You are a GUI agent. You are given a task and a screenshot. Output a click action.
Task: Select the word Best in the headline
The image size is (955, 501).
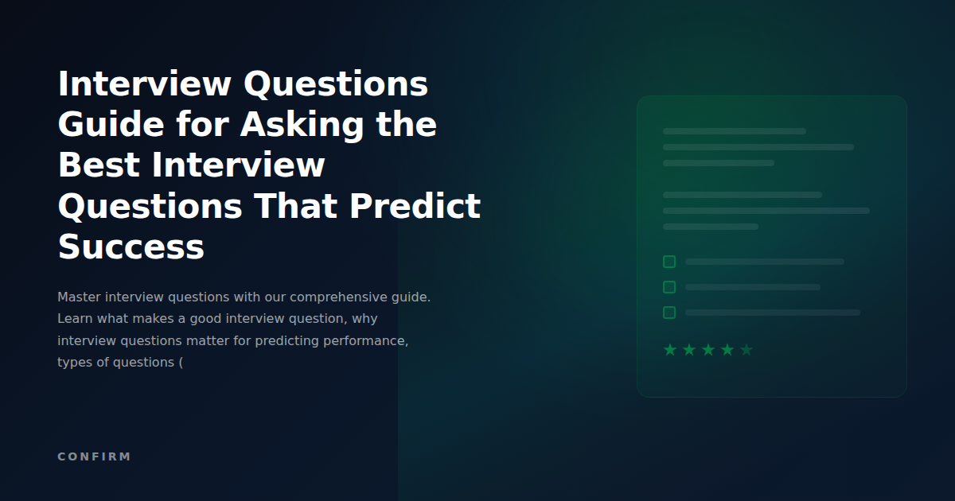[98, 165]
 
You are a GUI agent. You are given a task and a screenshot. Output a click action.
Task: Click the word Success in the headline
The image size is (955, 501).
[131, 247]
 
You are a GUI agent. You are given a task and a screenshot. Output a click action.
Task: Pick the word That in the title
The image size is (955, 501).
[294, 207]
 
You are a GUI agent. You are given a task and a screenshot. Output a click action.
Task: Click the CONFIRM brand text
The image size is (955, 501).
[94, 456]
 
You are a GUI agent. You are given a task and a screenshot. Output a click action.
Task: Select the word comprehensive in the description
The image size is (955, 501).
[339, 297]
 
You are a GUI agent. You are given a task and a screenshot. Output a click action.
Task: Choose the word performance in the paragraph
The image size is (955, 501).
[364, 340]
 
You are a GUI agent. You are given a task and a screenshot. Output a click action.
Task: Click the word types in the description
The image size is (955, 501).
[74, 362]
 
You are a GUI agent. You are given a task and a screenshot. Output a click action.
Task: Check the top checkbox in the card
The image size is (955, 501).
[669, 262]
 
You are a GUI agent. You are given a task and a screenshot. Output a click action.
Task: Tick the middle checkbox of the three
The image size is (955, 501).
[669, 287]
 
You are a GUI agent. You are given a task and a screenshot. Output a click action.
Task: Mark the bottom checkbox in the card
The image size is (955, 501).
[669, 313]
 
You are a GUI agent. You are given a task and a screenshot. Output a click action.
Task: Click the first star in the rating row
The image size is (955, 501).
[670, 350]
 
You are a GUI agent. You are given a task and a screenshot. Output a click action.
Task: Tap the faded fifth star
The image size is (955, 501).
[746, 350]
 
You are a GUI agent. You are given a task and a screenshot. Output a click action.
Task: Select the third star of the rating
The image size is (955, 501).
[708, 350]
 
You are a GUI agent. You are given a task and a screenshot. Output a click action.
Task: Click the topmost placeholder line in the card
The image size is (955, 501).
[734, 131]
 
